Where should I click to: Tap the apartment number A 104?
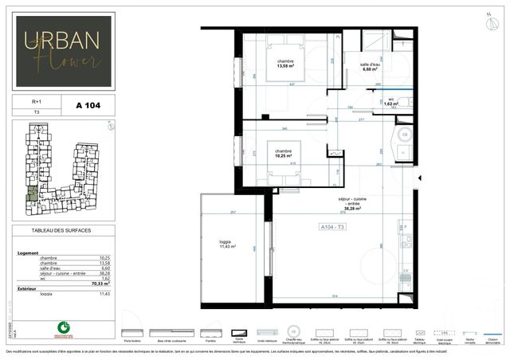(86, 104)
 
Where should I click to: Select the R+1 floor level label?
(37, 102)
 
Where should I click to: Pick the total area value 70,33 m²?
(100, 283)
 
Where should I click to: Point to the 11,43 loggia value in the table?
(104, 293)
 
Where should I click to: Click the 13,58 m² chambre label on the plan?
(285, 65)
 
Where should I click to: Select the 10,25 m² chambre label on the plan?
(283, 153)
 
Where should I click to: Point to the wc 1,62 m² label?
(391, 103)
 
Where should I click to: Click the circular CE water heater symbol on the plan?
(404, 135)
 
